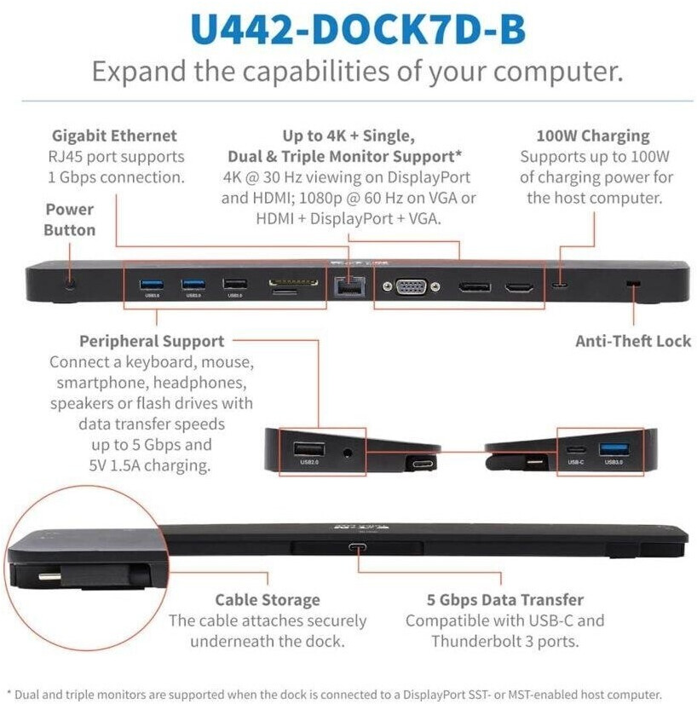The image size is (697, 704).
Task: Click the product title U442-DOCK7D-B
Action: [x=358, y=29]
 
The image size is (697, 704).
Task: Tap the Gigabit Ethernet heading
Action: [x=114, y=136]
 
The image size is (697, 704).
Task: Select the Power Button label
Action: [x=69, y=219]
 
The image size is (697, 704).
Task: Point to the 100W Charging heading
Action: [x=592, y=136]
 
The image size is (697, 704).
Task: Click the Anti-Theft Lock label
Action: [x=631, y=341]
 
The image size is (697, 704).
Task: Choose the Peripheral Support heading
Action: [x=152, y=341]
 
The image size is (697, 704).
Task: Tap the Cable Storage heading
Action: [x=268, y=600]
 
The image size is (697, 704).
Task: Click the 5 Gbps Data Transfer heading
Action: [x=504, y=600]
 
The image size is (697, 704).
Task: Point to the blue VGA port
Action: [x=412, y=286]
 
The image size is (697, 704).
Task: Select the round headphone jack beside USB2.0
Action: [x=347, y=449]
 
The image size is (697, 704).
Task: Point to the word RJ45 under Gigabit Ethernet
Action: [x=66, y=157]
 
